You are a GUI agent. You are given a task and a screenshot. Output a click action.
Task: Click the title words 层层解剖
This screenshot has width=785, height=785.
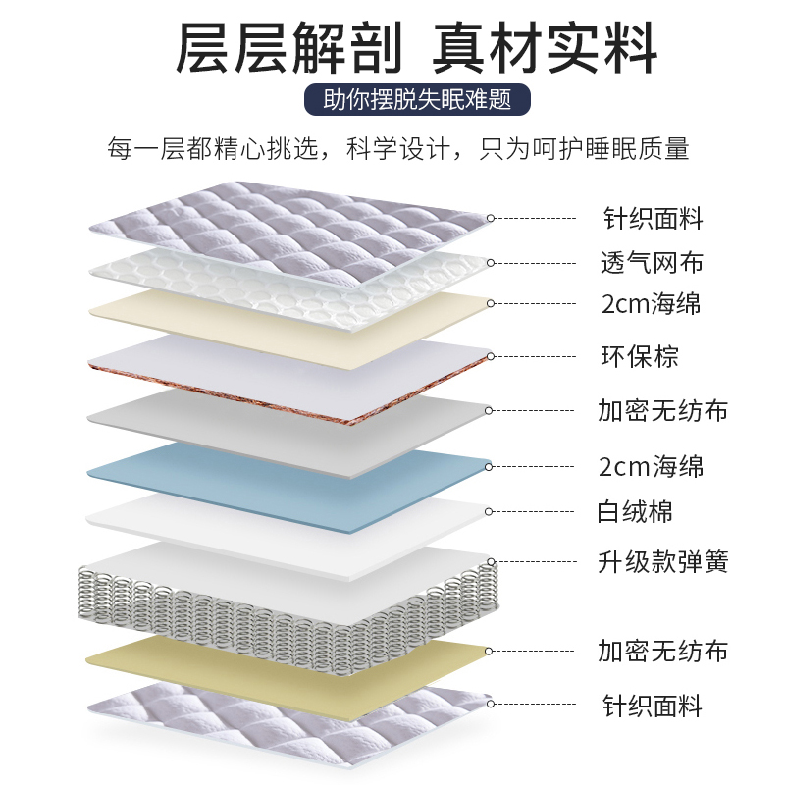[288, 48]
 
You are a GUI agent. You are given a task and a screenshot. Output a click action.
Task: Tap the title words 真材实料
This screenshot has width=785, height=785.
[546, 48]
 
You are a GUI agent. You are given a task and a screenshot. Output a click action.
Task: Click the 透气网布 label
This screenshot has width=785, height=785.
[652, 263]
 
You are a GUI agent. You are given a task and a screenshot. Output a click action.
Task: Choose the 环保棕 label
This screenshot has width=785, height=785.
[640, 355]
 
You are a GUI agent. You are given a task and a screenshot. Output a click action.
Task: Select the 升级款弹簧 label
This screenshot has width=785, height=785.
[663, 562]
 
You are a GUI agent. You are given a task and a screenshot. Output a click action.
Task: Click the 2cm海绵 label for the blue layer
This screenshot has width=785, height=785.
[652, 465]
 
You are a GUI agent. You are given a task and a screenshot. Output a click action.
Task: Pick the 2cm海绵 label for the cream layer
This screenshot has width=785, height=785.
[652, 303]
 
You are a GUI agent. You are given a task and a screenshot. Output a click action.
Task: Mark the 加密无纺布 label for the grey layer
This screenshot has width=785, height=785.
[663, 410]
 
